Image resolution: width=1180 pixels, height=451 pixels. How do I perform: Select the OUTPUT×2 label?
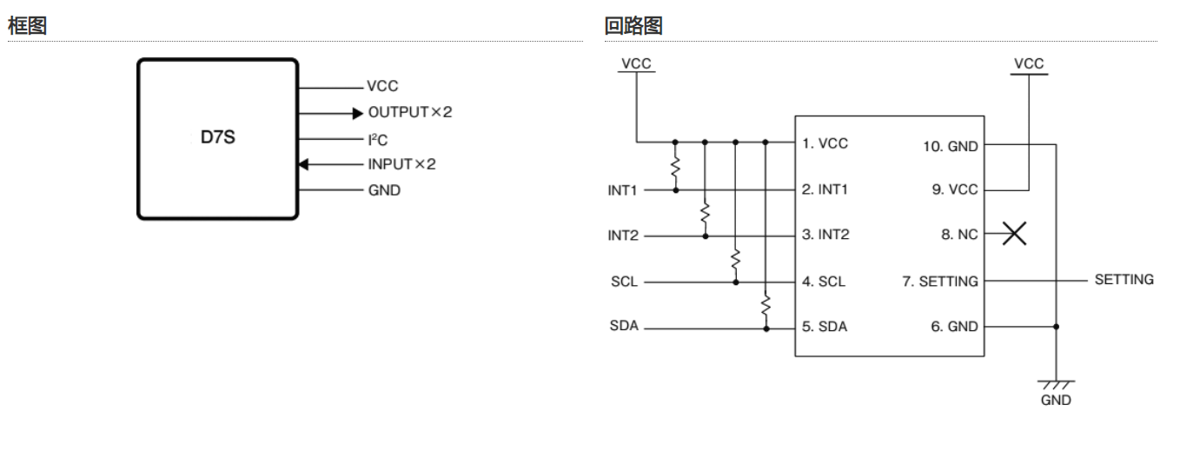tap(410, 113)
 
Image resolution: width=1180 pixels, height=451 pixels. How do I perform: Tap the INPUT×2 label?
tap(401, 164)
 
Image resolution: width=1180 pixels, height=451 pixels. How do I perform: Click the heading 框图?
tap(26, 26)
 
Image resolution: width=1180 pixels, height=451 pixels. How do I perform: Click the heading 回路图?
tap(633, 26)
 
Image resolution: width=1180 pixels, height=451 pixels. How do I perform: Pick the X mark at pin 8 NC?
tap(1014, 235)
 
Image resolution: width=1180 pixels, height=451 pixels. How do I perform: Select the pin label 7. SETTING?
tap(941, 282)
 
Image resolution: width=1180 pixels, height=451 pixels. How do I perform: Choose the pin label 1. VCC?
tap(825, 143)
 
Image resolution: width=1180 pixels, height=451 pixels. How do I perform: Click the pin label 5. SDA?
tap(825, 328)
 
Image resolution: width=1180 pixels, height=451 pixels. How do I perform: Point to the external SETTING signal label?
tap(1124, 280)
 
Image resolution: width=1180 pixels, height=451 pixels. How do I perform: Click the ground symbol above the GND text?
tap(1057, 384)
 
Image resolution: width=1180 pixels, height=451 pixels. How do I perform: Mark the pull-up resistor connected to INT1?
tap(675, 168)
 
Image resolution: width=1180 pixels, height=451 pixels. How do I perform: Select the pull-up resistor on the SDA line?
tap(766, 304)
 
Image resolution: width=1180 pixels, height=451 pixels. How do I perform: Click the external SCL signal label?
tap(623, 282)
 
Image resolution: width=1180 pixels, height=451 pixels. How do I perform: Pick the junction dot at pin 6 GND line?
tap(1057, 328)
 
